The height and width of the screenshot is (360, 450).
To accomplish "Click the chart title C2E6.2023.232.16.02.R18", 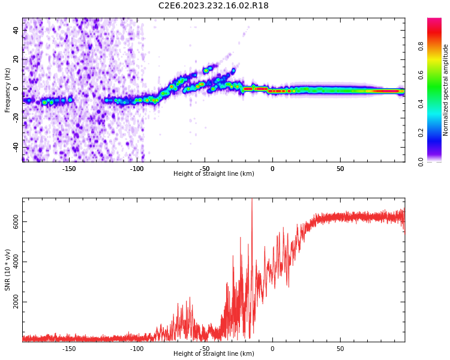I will [x=214, y=6].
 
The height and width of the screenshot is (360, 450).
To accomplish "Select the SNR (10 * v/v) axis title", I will [x=8, y=270].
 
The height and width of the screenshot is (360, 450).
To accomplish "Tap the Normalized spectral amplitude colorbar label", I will [x=446, y=90].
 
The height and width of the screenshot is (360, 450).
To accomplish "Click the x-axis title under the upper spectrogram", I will [x=214, y=174].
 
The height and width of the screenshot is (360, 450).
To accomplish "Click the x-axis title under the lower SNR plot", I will [x=214, y=354].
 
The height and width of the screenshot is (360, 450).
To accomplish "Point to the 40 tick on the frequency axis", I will [x=16, y=30].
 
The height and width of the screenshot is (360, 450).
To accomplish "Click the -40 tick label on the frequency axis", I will [x=16, y=147].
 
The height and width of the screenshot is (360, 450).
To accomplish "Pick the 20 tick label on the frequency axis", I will [x=16, y=59].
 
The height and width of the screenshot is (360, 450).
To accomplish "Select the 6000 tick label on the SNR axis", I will [x=16, y=222].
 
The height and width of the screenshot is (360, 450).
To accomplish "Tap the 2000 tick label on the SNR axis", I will [x=16, y=302].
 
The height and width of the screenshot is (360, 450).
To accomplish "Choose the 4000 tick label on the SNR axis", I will [x=16, y=262].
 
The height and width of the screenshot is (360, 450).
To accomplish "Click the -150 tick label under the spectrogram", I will [x=69, y=169].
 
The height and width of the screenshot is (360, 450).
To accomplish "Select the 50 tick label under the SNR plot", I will [x=340, y=349].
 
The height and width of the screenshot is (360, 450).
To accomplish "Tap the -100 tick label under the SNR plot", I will [x=137, y=349].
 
